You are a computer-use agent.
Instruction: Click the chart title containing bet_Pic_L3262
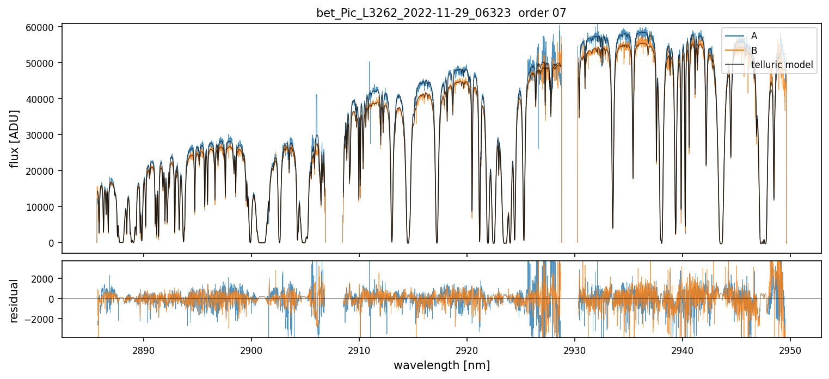click(441, 13)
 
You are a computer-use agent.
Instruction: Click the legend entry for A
click(754, 36)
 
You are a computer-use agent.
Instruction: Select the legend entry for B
click(754, 51)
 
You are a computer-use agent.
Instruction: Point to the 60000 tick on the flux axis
click(42, 27)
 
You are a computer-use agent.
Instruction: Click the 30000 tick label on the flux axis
click(42, 135)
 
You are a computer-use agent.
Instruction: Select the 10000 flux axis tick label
click(42, 207)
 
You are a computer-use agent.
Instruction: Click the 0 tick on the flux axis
click(52, 243)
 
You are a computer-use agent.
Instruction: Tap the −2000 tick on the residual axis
click(44, 319)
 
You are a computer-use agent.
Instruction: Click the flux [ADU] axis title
click(15, 138)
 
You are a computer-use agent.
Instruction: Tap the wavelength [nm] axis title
click(441, 365)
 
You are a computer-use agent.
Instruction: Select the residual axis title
click(15, 301)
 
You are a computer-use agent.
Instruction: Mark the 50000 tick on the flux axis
click(42, 63)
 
